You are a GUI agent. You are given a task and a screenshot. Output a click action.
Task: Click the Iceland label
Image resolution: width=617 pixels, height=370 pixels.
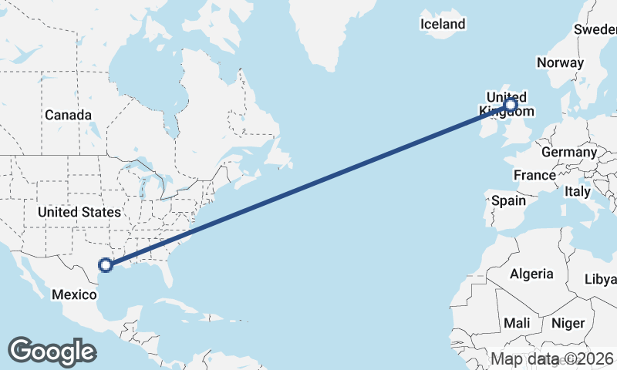[443, 24]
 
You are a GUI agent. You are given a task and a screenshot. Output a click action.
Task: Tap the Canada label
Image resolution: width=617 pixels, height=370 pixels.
[68, 115]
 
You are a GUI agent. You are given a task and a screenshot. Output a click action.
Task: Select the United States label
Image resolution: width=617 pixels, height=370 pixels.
[79, 212]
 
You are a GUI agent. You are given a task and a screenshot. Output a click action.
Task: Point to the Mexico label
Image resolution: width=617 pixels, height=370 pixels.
[74, 294]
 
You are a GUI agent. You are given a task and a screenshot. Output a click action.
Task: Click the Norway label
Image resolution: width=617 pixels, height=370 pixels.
[561, 62]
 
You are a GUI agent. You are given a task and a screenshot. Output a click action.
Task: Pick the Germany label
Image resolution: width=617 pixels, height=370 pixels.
[569, 152]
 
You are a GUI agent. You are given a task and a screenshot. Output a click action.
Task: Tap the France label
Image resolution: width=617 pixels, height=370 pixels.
[534, 175]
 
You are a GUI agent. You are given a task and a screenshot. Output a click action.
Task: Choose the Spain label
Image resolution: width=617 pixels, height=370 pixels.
[508, 200]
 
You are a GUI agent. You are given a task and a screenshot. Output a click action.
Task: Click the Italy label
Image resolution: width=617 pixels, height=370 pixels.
[577, 190]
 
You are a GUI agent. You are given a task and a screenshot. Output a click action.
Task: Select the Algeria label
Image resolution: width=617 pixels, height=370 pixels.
[531, 274]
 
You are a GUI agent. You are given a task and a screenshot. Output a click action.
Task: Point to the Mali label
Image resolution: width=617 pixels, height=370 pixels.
[517, 323]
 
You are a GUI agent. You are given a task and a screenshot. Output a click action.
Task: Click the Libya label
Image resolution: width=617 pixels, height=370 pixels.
[600, 278]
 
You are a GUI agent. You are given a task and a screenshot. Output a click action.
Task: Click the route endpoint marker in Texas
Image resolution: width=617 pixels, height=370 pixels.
[106, 266]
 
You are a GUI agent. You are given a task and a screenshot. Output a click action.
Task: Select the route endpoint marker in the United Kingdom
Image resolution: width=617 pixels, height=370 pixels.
[510, 104]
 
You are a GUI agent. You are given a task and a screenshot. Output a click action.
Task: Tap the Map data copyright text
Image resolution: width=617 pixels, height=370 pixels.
[552, 358]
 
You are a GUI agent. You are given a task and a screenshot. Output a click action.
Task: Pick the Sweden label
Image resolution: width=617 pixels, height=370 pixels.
[595, 29]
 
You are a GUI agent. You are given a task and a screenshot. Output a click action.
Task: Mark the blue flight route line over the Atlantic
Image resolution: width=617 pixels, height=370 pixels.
[308, 185]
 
